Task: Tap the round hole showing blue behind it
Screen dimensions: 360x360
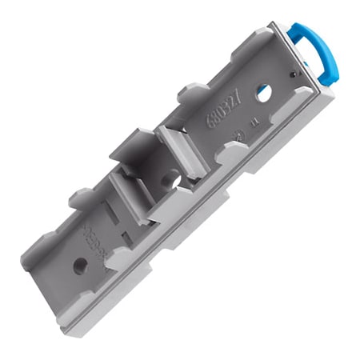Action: click(262, 94)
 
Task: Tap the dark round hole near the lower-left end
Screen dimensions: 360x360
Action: click(80, 266)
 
